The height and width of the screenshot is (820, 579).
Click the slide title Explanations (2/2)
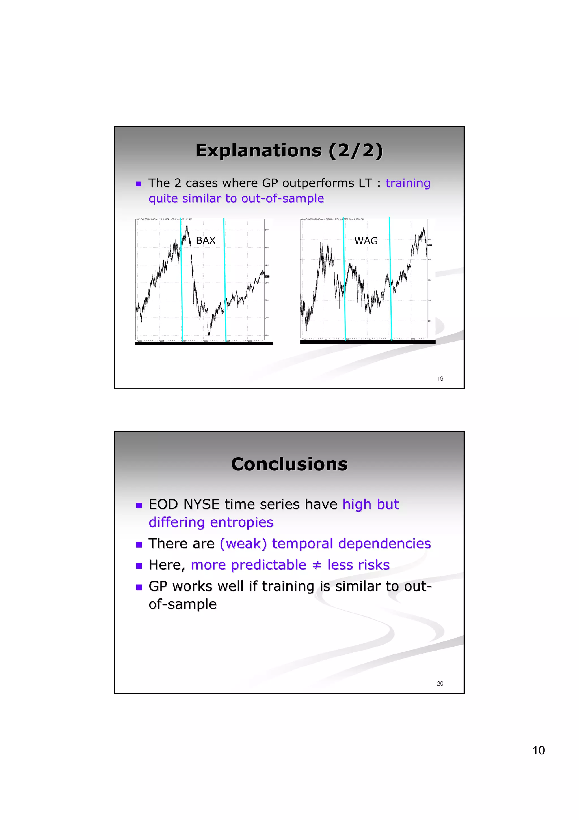tap(289, 150)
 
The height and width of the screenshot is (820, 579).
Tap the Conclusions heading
tap(289, 464)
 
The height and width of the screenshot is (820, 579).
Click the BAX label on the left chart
tap(206, 240)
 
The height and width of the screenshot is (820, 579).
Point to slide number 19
tap(440, 379)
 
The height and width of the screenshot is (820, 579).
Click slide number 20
tap(440, 684)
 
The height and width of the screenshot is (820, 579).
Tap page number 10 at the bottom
tap(538, 750)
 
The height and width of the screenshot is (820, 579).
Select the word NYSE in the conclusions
tap(201, 504)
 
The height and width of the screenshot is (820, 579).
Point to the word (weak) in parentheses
tap(243, 544)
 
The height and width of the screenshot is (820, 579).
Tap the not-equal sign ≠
tap(316, 565)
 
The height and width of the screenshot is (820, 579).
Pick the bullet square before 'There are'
tap(139, 545)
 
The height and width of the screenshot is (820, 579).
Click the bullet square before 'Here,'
tap(139, 566)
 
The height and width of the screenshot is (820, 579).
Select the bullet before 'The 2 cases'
tap(139, 184)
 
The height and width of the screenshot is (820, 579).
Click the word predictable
tap(268, 565)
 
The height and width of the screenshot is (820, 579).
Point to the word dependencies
tap(384, 544)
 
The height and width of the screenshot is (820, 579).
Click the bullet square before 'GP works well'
tap(139, 587)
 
